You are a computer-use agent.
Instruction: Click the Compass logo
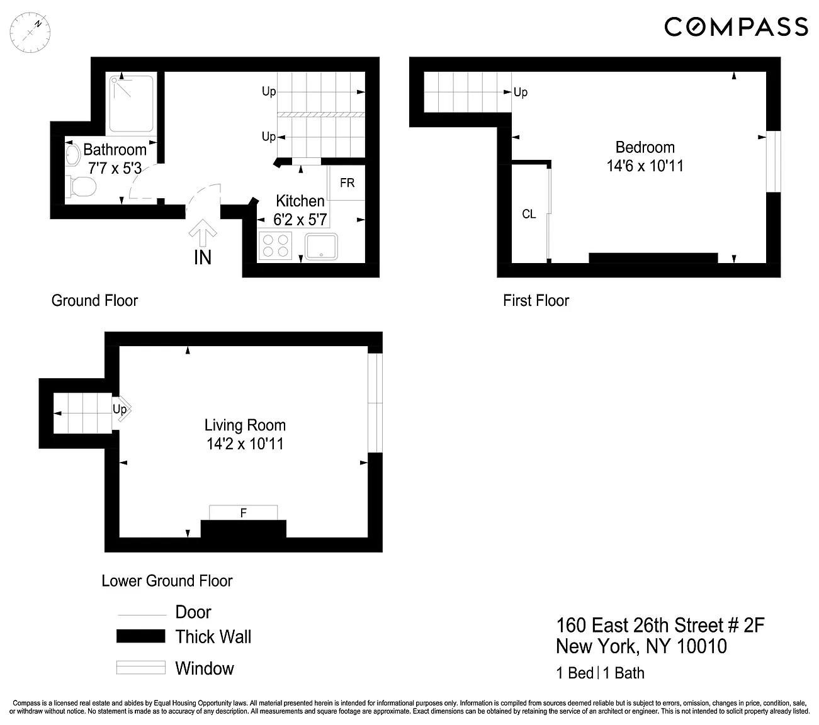click(x=736, y=27)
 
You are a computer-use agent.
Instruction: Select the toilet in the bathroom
click(x=82, y=186)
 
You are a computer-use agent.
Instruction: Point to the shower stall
click(x=131, y=104)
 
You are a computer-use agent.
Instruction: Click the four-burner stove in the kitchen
click(x=276, y=245)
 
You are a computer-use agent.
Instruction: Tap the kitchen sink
click(x=321, y=247)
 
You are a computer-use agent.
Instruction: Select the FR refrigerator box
click(x=347, y=183)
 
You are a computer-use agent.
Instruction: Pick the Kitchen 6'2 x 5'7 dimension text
click(x=300, y=220)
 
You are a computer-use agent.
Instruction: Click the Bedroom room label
click(x=645, y=147)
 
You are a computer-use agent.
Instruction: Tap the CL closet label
click(x=529, y=214)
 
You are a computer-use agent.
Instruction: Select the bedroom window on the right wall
click(x=774, y=161)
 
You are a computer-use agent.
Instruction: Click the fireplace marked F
click(x=244, y=513)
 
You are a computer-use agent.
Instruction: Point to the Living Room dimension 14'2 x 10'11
click(x=245, y=444)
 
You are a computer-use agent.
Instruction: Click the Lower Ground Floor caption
click(x=167, y=581)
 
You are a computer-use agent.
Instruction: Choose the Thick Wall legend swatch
click(x=141, y=636)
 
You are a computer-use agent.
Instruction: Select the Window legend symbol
click(x=141, y=668)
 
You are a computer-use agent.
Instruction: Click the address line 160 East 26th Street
click(x=660, y=626)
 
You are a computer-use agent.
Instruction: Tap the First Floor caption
click(x=536, y=301)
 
